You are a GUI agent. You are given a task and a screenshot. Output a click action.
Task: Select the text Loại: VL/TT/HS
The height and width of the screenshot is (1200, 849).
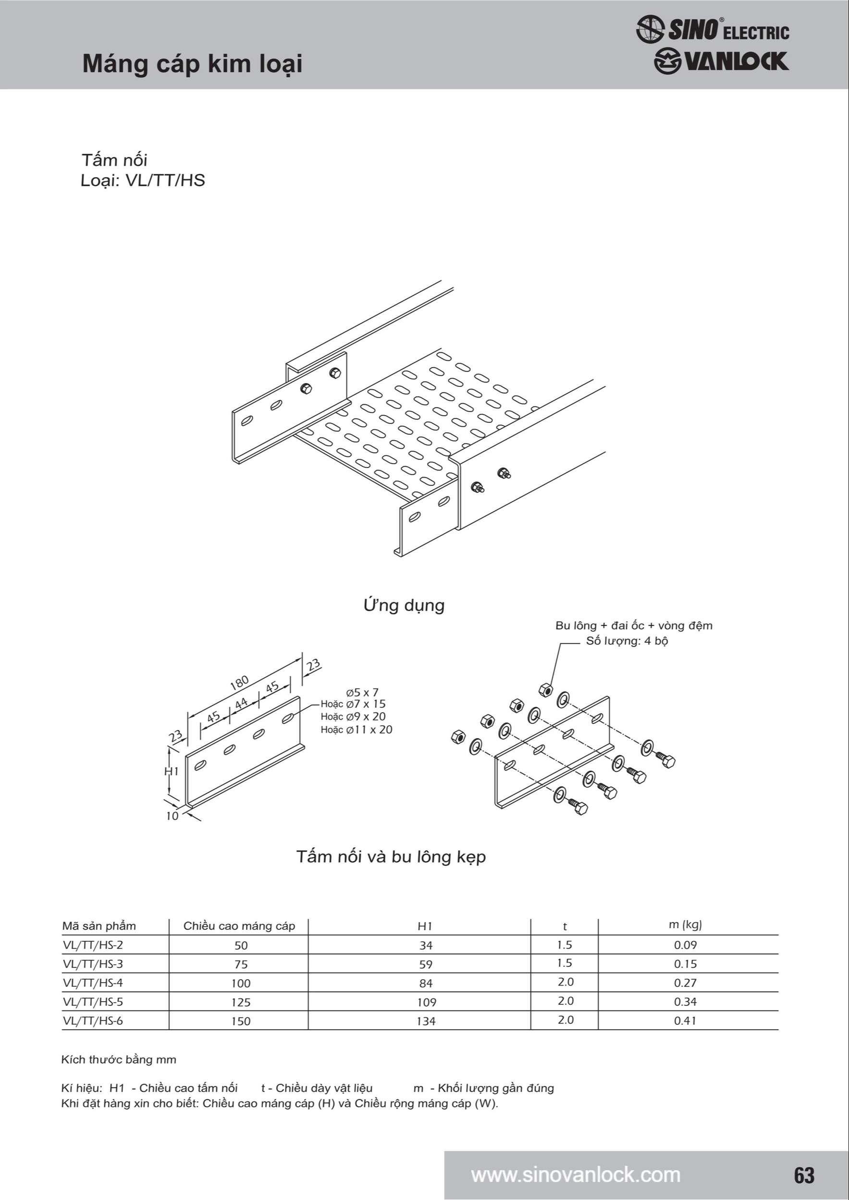pos(143,180)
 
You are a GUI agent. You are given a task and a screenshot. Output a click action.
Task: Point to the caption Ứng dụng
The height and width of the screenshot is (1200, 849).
pos(404,605)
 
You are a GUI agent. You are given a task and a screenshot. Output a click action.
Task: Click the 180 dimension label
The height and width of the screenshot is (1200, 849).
pos(239,683)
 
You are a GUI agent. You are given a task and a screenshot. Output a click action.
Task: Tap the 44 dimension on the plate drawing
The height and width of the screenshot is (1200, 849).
pos(241,704)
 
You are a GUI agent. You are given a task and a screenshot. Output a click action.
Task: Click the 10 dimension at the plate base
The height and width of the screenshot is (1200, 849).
pos(172,816)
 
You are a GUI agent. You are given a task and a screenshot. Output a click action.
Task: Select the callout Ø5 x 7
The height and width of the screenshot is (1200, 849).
pos(362,693)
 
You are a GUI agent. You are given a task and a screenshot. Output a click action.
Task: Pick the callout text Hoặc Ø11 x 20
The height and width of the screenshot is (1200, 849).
pos(356,730)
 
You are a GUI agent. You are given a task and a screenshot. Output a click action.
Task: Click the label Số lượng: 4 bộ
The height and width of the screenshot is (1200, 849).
pos(627,641)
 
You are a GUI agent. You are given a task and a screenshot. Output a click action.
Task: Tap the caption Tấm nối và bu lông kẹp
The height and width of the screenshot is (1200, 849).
pos(391,857)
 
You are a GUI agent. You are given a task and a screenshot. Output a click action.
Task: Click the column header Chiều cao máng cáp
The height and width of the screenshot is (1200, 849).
pos(239,925)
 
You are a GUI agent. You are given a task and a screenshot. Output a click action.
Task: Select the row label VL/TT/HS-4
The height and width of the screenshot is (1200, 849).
pos(93,983)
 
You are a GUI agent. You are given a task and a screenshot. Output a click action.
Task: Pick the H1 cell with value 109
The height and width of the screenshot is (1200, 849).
pos(426,1002)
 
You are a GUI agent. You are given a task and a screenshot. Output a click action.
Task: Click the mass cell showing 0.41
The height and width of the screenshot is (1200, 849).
pos(685,1021)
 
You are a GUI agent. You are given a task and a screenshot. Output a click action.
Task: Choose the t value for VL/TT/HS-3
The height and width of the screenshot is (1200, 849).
pos(565,963)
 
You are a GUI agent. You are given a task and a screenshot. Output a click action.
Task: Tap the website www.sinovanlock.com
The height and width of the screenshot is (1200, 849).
pos(576,1175)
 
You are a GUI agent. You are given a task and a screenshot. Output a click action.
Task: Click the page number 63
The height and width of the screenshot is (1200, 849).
pos(804,1175)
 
